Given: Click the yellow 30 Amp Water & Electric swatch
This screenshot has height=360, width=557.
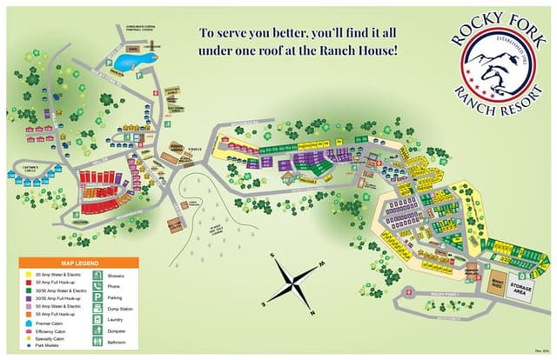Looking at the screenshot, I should [x=29, y=275].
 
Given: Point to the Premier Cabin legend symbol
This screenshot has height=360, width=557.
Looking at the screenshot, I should [x=29, y=323].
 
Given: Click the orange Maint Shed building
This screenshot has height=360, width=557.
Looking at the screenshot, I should [x=494, y=282].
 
